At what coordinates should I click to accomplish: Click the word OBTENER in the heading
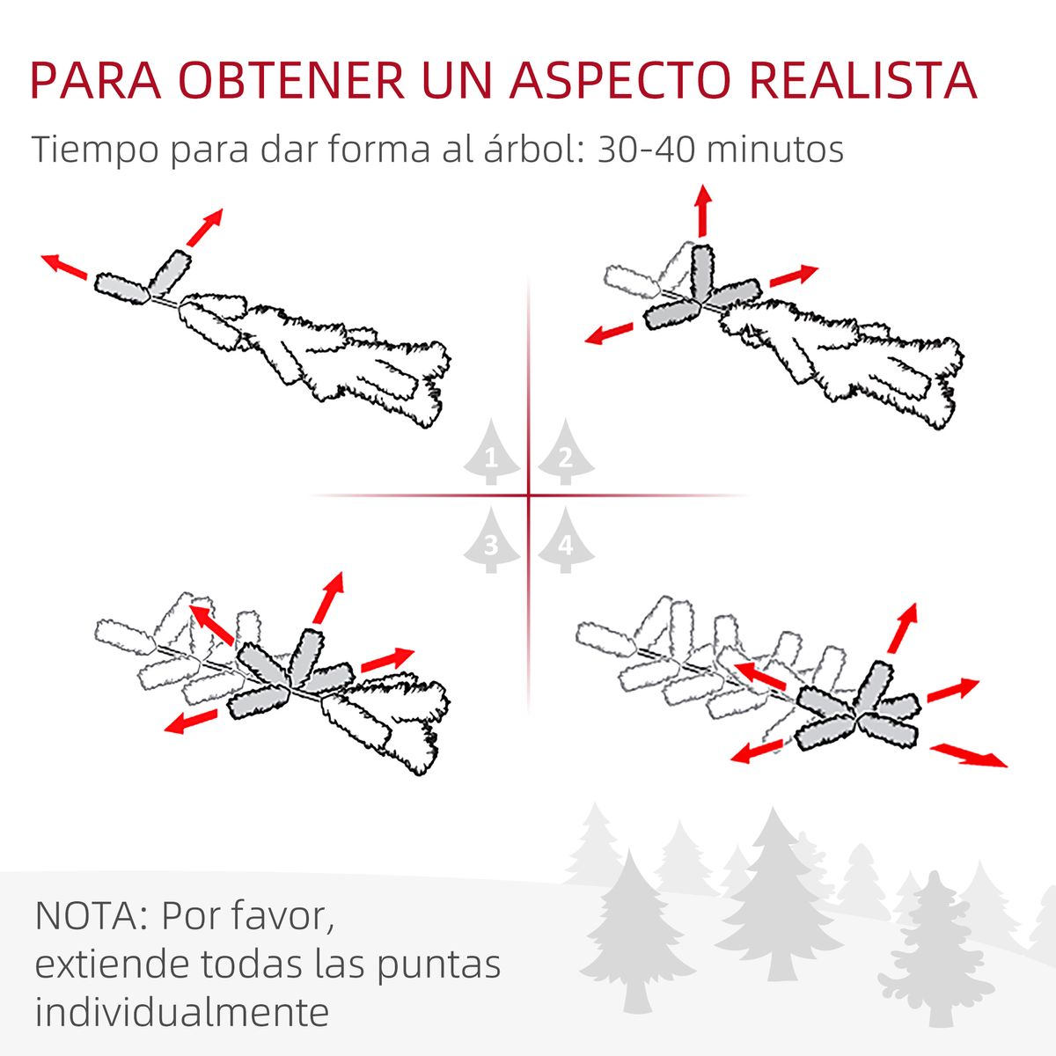click(x=292, y=81)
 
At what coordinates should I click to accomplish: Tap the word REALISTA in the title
click(x=862, y=81)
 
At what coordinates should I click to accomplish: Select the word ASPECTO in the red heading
click(x=620, y=81)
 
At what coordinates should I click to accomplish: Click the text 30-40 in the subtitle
click(x=643, y=149)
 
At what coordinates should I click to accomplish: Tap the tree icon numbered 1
click(x=491, y=452)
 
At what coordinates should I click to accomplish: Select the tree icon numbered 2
click(x=566, y=452)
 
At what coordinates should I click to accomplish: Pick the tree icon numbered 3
click(x=491, y=540)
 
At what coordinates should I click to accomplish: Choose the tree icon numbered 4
click(x=566, y=540)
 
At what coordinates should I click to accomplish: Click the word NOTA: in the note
click(x=92, y=915)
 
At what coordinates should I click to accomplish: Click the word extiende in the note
click(x=113, y=964)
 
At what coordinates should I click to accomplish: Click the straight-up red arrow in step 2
click(x=702, y=211)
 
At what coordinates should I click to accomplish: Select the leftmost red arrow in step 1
click(x=64, y=267)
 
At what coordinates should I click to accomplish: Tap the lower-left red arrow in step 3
click(x=191, y=722)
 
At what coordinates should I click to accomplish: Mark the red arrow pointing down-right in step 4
click(x=969, y=756)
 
